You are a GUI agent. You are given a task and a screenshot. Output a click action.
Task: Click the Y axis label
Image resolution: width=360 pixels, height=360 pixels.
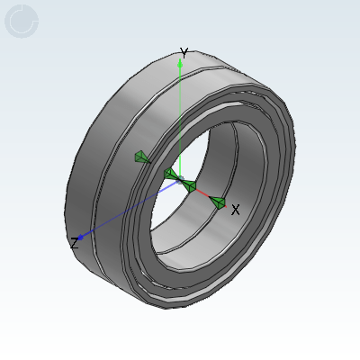184,52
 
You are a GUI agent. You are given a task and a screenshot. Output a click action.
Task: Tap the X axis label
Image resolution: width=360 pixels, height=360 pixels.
236,210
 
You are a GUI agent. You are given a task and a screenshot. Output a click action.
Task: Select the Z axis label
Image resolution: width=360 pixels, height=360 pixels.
74,243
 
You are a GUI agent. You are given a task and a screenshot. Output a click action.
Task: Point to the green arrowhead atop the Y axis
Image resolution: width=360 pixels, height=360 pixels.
180,63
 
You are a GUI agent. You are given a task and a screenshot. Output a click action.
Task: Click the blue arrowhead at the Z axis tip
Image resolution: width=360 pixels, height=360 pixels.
81,238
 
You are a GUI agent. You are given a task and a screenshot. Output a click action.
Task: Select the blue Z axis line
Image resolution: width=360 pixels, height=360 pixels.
129,209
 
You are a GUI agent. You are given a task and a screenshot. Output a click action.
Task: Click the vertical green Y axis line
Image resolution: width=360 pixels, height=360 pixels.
180,120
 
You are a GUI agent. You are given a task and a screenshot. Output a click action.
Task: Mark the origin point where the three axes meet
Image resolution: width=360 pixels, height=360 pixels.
180,180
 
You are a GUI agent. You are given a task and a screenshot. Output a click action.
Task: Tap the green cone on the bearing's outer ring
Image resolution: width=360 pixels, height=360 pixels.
141,157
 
